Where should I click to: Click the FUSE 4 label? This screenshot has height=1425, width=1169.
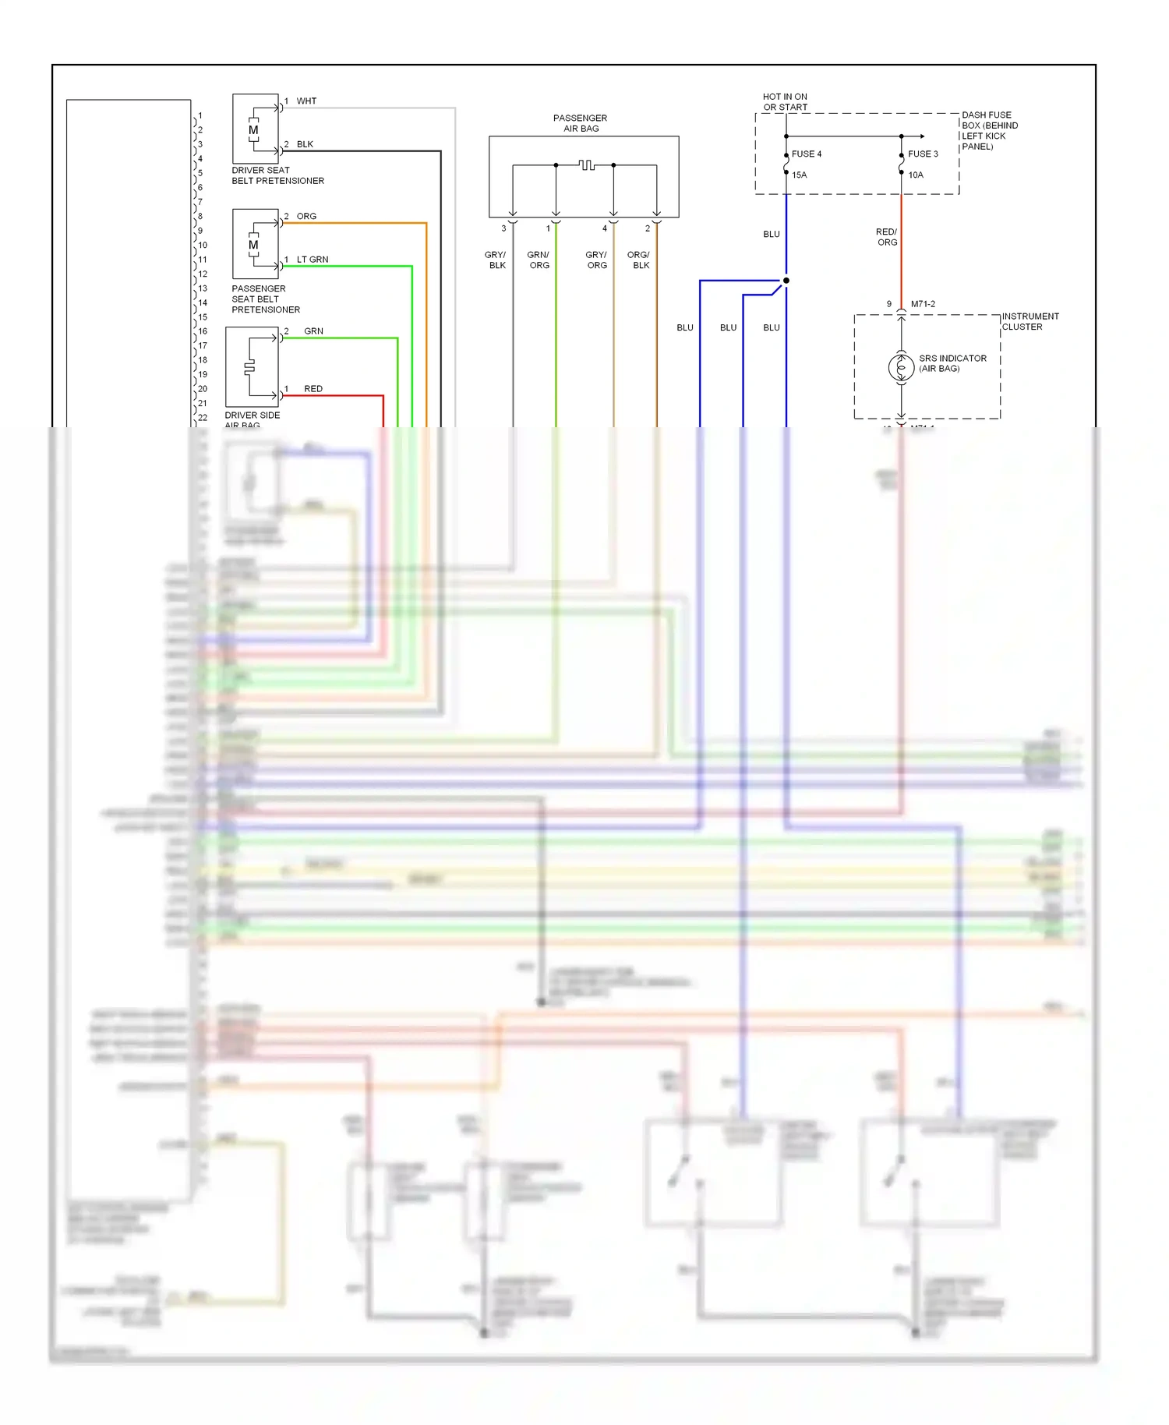coord(806,154)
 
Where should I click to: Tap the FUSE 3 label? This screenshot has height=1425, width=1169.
coord(923,154)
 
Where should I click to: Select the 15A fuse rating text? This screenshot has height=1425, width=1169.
coord(800,175)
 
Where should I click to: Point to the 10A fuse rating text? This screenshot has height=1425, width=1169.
coord(916,175)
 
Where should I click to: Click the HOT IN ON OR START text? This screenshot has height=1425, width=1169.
coord(785,102)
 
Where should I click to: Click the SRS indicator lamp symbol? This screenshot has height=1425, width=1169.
coord(901,367)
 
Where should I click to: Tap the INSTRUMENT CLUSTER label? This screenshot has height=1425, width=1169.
coord(1029,322)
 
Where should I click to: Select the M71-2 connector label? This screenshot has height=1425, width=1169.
coord(923,304)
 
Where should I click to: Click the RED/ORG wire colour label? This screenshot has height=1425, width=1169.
coord(887,237)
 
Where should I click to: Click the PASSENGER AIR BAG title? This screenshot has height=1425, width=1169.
coord(581,123)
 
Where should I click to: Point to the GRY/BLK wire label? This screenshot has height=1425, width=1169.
coord(496,260)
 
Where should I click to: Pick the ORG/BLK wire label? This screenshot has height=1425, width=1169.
coord(639,260)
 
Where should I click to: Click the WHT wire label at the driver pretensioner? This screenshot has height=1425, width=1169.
coord(306,101)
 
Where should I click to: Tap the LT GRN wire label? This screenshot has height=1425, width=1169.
coord(313,260)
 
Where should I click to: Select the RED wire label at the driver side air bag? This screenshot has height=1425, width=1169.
coord(313,389)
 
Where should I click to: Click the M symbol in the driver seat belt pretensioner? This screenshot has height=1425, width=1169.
coord(253,130)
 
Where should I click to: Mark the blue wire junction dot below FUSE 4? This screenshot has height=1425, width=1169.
coord(786,281)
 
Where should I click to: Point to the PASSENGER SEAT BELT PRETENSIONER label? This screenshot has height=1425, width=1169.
coord(265,299)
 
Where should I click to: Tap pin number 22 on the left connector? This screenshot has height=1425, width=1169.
coord(203,418)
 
